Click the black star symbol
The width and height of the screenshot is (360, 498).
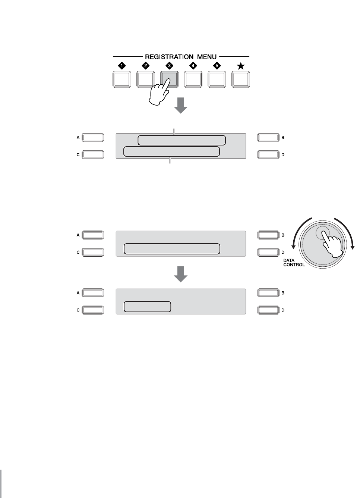(241, 66)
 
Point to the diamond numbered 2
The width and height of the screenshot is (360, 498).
(146, 66)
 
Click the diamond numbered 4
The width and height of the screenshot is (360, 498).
(193, 66)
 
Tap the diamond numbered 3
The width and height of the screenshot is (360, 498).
(170, 66)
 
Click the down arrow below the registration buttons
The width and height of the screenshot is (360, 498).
(181, 105)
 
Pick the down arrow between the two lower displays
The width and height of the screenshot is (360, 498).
(181, 274)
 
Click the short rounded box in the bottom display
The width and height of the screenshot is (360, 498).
(147, 307)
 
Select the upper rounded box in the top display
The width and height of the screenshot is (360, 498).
(181, 140)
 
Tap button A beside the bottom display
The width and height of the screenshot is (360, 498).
(93, 293)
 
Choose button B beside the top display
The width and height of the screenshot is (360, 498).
(268, 138)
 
